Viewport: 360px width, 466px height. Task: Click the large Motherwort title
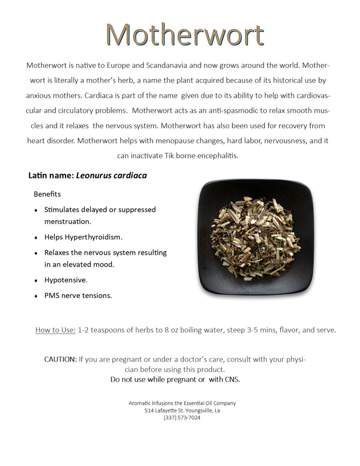(x=184, y=35)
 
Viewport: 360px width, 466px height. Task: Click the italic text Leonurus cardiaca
(x=111, y=176)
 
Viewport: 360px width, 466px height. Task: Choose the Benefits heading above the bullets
(x=47, y=194)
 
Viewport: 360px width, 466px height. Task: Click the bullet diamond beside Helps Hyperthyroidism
(x=36, y=238)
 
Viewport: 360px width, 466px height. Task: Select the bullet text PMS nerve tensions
(x=78, y=295)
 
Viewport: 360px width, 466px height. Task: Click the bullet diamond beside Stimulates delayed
(x=36, y=211)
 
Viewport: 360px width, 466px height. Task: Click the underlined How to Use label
(x=55, y=330)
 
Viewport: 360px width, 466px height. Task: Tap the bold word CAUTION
(x=61, y=359)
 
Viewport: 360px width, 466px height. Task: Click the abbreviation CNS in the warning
(x=231, y=379)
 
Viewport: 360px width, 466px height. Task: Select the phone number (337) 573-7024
(x=182, y=418)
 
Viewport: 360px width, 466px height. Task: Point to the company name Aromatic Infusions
(x=149, y=403)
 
